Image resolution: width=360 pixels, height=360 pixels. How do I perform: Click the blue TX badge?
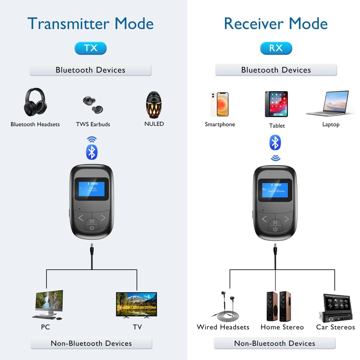click(x=90, y=48)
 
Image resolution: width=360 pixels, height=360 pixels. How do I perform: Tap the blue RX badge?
click(x=276, y=48)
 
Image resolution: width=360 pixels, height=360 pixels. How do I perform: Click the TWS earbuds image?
click(x=92, y=104)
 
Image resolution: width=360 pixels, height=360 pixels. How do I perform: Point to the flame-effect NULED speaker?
click(x=154, y=104)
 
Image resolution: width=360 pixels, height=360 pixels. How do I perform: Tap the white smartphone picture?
click(x=220, y=104)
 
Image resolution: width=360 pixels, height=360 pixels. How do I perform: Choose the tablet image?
click(x=276, y=104)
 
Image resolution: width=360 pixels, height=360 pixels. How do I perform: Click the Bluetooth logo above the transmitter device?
click(x=92, y=152)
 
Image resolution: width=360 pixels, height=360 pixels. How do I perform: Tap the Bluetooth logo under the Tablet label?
click(x=275, y=143)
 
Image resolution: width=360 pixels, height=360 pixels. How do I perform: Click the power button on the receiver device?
click(x=275, y=229)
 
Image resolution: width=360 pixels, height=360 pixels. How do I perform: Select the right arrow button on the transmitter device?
click(x=103, y=218)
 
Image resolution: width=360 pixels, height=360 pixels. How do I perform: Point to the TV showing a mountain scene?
click(x=136, y=305)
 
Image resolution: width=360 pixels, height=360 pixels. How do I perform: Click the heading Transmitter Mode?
click(x=90, y=23)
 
